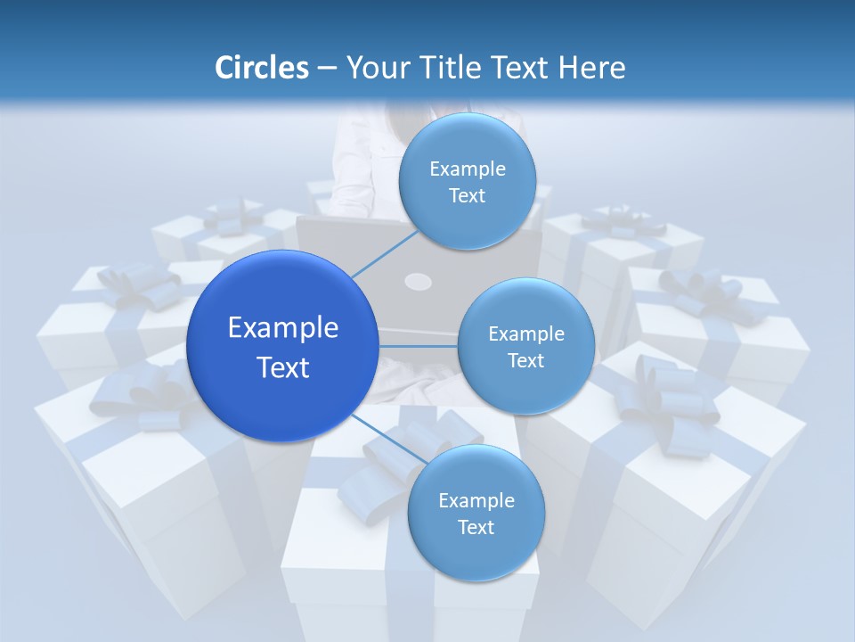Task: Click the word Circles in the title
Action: [262, 68]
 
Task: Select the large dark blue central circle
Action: [281, 346]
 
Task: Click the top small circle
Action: [467, 181]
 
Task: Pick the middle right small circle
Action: [525, 346]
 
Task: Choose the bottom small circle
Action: [476, 513]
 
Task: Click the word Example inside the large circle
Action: [283, 328]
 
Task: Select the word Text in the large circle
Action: [283, 367]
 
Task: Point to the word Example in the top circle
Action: [468, 169]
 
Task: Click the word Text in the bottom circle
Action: [476, 527]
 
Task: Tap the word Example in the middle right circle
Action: [526, 333]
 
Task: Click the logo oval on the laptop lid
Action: [418, 283]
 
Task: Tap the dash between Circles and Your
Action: [327, 68]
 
